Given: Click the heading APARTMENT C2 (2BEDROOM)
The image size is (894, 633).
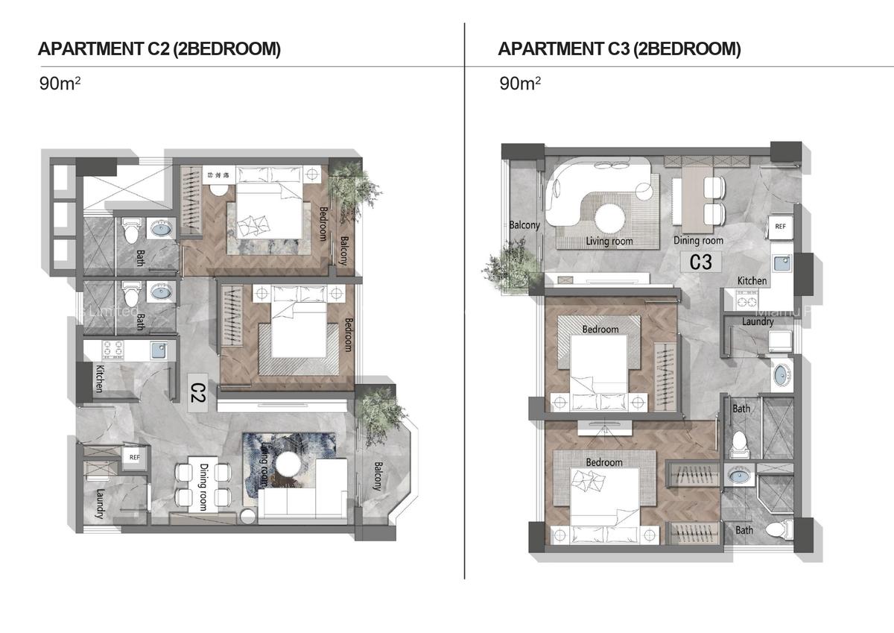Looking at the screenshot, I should point(159,49).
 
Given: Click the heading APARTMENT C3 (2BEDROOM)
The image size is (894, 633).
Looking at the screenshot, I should point(619,49).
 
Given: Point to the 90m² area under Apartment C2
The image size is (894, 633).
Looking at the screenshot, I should point(60,83).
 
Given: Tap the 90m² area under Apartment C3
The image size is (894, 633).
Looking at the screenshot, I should point(520,83).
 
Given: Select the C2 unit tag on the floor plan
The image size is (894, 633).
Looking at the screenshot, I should point(197,393).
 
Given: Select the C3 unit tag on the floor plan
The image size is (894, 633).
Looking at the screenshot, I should point(701,262).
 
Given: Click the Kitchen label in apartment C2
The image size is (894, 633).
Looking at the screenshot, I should point(98,378).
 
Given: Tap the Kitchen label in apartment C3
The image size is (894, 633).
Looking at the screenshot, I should point(752,280).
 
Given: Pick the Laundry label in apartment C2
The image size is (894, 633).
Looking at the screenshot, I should point(98,503).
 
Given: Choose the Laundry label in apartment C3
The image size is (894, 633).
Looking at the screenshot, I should point(757,321).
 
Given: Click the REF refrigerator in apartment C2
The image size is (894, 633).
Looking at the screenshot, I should point(135,457).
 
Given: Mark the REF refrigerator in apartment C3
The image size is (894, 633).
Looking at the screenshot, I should point(780,226).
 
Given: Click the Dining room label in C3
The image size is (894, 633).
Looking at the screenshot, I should point(698,241).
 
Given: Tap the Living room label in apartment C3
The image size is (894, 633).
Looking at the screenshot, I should point(609,241).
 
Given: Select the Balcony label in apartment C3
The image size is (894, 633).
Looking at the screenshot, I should point(524,224).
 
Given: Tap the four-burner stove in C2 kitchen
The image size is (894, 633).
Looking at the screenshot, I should point(112,348).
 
